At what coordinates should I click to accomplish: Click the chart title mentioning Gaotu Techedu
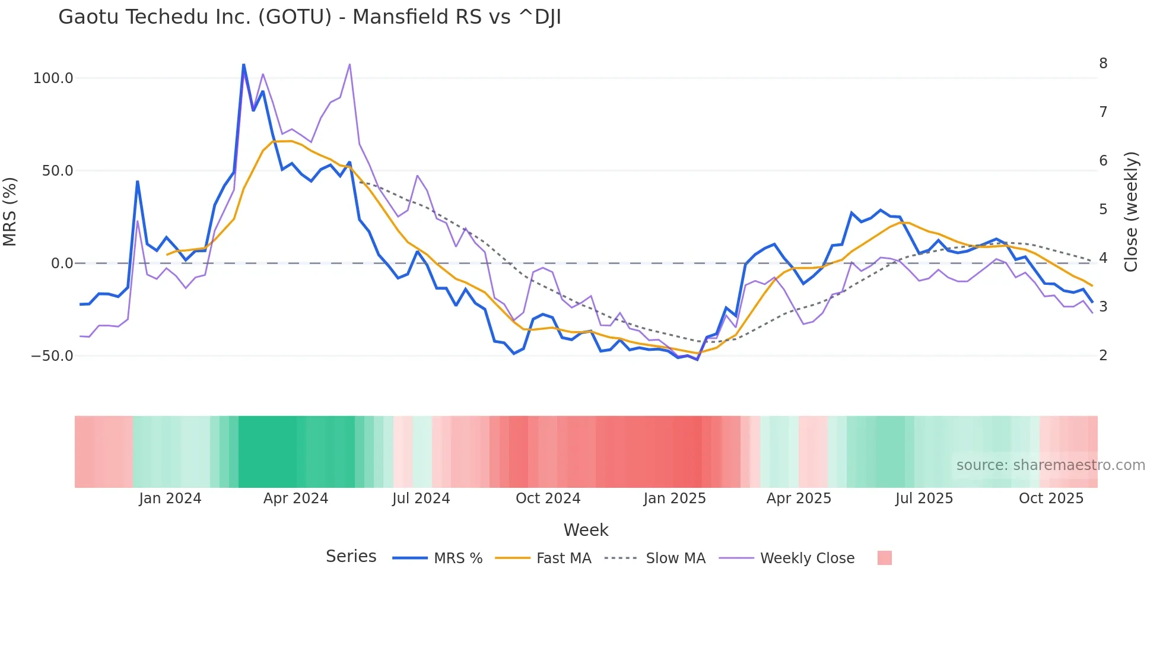309,17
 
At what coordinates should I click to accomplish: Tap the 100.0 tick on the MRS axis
53,78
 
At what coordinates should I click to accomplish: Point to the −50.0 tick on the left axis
52,356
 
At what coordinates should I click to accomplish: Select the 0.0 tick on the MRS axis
62,263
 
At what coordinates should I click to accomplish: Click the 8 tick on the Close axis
1103,64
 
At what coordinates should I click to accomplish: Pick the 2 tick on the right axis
1103,355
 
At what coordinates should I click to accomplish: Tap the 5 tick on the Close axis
1103,209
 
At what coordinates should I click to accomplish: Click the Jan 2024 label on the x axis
170,499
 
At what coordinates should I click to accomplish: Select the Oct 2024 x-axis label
548,499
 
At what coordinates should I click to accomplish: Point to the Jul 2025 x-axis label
924,499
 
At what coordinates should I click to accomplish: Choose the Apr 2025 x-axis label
799,499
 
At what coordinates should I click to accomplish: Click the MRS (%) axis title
10,212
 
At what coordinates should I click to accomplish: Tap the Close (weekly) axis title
1132,212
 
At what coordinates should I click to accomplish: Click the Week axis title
586,530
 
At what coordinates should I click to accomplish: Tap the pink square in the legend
884,558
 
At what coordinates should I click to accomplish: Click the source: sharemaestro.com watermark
1050,465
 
